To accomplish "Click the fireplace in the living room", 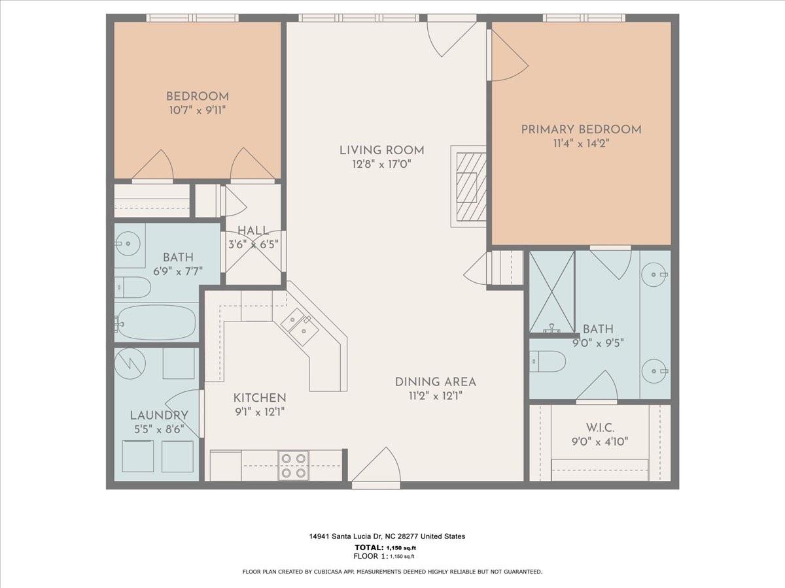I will (x=469, y=186).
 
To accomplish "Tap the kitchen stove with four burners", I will (x=293, y=465).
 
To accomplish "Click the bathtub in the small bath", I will (x=156, y=322).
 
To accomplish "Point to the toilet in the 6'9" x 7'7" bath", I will (x=133, y=287).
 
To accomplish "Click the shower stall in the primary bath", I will (x=551, y=291).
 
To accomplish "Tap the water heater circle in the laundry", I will (x=130, y=363).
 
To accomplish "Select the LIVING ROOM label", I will (x=381, y=150).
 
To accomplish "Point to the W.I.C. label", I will (x=599, y=427).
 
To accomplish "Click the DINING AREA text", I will (x=435, y=382).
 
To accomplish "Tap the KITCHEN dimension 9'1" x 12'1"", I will (x=260, y=412).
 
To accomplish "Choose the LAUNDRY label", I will (x=159, y=415).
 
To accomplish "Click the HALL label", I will (x=253, y=230).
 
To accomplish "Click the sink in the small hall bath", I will (x=128, y=244).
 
